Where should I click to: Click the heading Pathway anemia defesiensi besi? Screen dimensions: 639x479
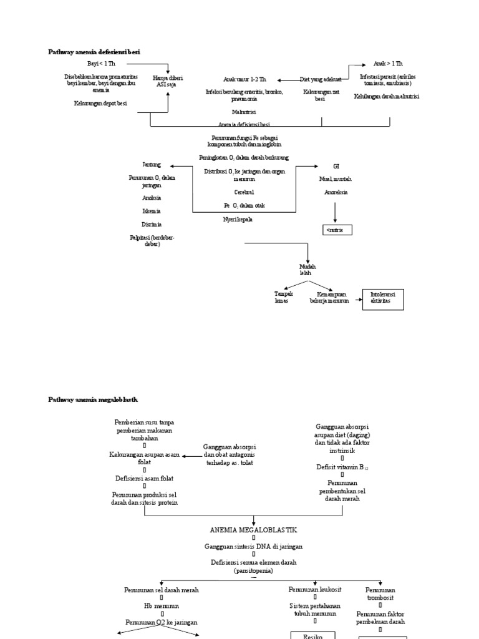click(x=94, y=52)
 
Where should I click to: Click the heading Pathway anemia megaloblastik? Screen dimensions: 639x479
click(x=92, y=399)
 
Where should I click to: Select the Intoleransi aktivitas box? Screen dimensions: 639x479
click(x=383, y=299)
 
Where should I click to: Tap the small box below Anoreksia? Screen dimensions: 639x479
click(x=337, y=230)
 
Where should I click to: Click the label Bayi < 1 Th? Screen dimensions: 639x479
click(x=101, y=64)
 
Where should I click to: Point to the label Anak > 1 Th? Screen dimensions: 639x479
click(x=388, y=64)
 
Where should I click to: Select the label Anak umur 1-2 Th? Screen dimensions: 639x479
click(x=245, y=79)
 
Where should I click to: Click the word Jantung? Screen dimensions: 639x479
click(x=152, y=165)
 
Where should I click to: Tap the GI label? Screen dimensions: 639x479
click(x=336, y=166)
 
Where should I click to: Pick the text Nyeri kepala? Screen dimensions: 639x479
click(x=238, y=219)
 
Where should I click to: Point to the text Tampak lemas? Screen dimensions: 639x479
click(x=284, y=296)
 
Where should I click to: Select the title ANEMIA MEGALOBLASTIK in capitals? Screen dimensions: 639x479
click(x=254, y=529)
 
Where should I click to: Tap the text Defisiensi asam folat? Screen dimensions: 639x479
click(x=144, y=478)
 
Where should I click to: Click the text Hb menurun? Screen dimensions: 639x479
click(x=162, y=605)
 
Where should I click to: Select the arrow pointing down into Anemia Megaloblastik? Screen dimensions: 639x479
click(x=254, y=521)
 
